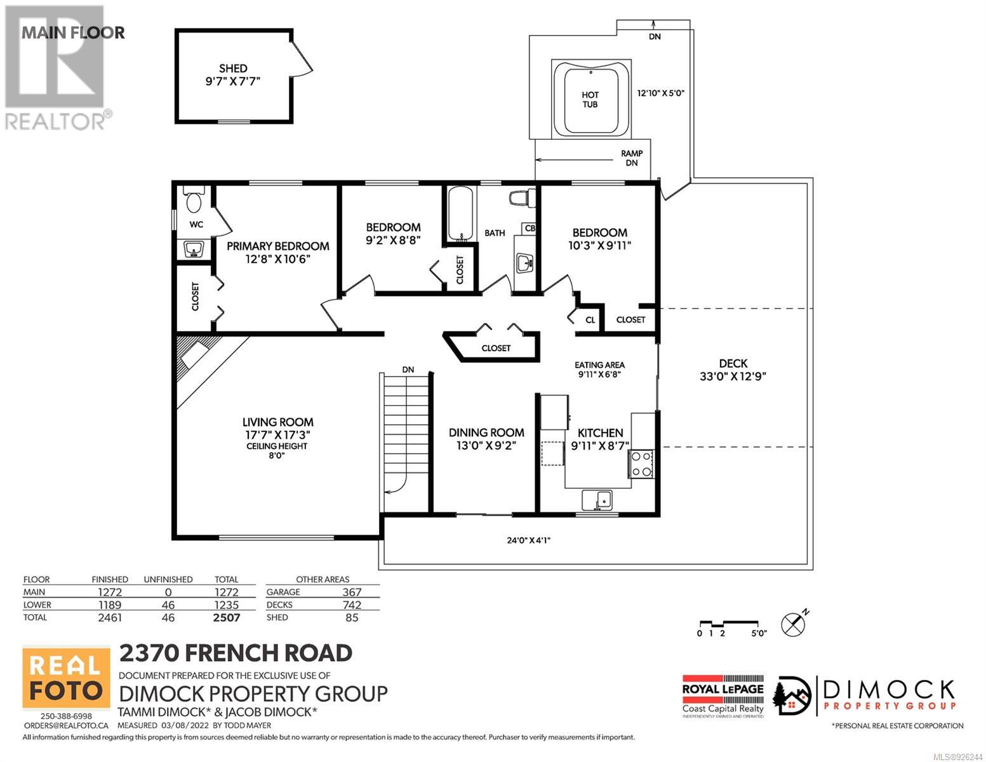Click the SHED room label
pyautogui.click(x=233, y=69)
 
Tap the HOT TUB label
pyautogui.click(x=590, y=100)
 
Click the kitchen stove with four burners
pyautogui.click(x=641, y=464)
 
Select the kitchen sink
pyautogui.click(x=597, y=500)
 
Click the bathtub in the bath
pyautogui.click(x=460, y=213)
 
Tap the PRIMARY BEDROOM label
pyautogui.click(x=277, y=246)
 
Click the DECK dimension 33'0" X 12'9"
pyautogui.click(x=733, y=376)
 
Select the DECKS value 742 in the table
pyautogui.click(x=352, y=605)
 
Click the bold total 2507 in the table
pyautogui.click(x=227, y=617)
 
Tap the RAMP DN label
pyautogui.click(x=632, y=158)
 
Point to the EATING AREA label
pyautogui.click(x=599, y=365)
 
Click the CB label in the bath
pyautogui.click(x=530, y=228)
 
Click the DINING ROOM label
pyautogui.click(x=486, y=432)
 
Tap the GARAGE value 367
pyautogui.click(x=352, y=592)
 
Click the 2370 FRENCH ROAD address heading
pyautogui.click(x=236, y=653)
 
